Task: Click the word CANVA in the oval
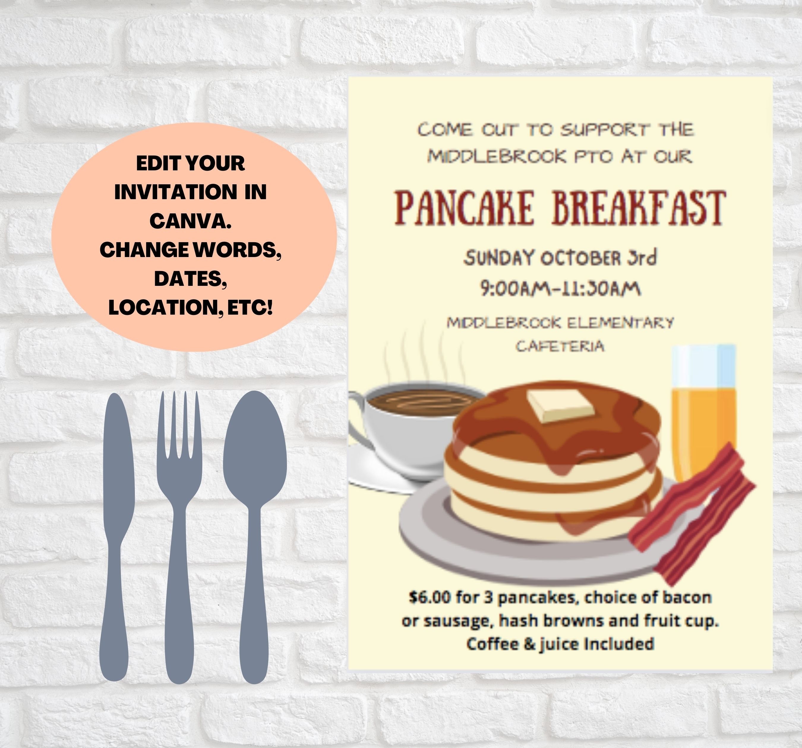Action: [190, 221]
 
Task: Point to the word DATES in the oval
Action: [190, 279]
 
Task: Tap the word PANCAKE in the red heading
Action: [464, 208]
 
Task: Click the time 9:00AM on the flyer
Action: [514, 289]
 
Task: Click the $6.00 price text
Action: [429, 597]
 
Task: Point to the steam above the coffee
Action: [424, 355]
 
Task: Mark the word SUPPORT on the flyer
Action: [605, 130]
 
